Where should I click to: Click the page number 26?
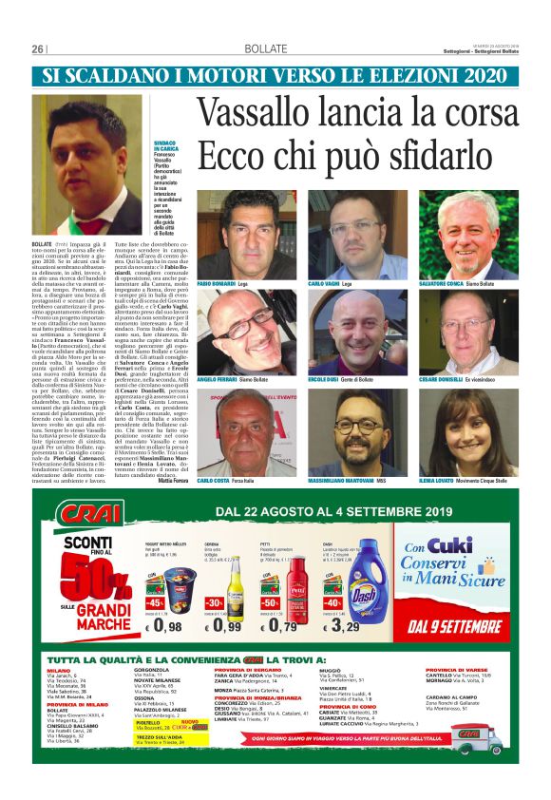39,48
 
